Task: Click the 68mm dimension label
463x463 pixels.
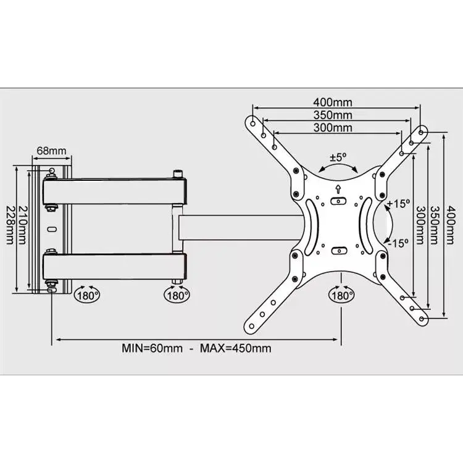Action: (51, 151)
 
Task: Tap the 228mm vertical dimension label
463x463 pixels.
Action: (10, 225)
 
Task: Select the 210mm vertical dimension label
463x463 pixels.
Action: (22, 225)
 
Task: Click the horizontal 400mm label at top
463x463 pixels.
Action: (333, 102)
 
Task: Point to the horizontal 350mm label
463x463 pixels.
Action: (333, 115)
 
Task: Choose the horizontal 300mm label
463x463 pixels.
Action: (333, 128)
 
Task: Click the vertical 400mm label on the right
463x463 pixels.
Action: (450, 225)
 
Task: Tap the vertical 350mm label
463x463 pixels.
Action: (433, 225)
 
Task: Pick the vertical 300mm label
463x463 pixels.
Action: (420, 225)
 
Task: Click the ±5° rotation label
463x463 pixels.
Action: (338, 157)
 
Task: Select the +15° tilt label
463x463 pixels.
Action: (398, 204)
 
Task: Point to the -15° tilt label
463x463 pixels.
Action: (398, 243)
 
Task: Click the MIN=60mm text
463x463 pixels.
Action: (152, 348)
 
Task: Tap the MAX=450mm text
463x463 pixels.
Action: (236, 348)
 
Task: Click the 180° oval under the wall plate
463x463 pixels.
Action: (87, 294)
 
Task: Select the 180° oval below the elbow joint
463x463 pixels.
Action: (177, 294)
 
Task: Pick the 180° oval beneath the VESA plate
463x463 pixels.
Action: (341, 294)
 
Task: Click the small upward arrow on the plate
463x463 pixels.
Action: (338, 189)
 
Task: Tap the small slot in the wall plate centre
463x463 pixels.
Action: (52, 229)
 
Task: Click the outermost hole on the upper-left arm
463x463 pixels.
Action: (253, 123)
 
